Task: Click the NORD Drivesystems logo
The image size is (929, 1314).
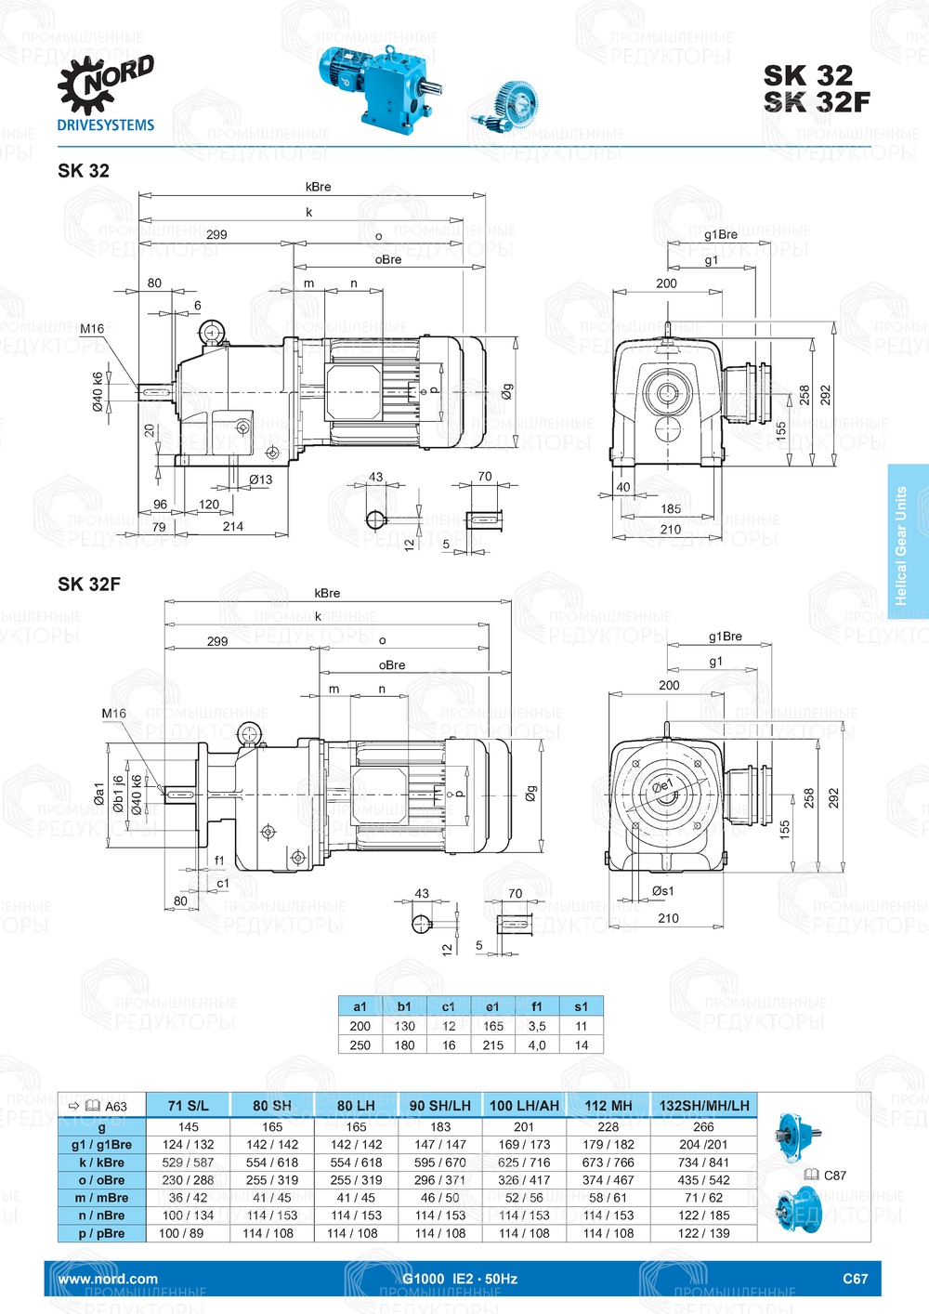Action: click(x=105, y=94)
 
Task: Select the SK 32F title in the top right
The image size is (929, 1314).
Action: click(x=817, y=102)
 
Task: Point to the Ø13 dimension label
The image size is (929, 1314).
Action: click(x=260, y=480)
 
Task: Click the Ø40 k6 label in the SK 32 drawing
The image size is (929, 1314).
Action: click(x=98, y=392)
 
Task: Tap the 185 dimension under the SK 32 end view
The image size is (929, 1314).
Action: click(x=671, y=508)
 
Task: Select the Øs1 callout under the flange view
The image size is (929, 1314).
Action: click(x=662, y=890)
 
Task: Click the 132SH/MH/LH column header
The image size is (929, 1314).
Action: click(x=703, y=1105)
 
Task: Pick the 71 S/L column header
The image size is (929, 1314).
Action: click(x=188, y=1105)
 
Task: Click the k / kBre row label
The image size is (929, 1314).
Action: click(x=101, y=1163)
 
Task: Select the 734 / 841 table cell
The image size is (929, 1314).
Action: click(x=703, y=1163)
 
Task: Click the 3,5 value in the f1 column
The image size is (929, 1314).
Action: click(x=537, y=1026)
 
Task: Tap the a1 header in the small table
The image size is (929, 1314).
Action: click(x=360, y=1006)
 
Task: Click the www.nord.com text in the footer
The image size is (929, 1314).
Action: click(x=108, y=1279)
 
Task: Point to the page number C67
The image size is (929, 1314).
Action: click(x=855, y=1279)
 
